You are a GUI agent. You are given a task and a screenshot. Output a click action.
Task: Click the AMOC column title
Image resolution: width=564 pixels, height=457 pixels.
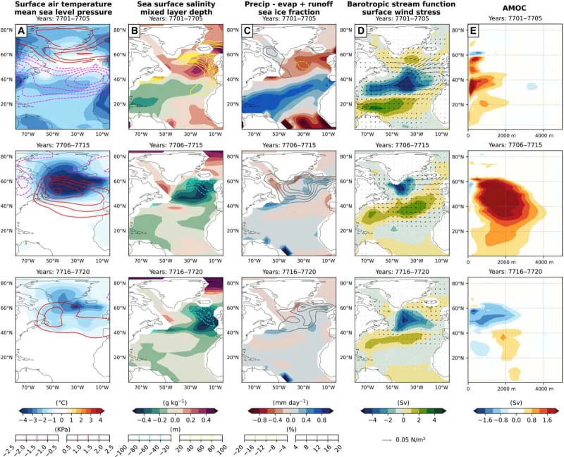[x=506, y=6]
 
